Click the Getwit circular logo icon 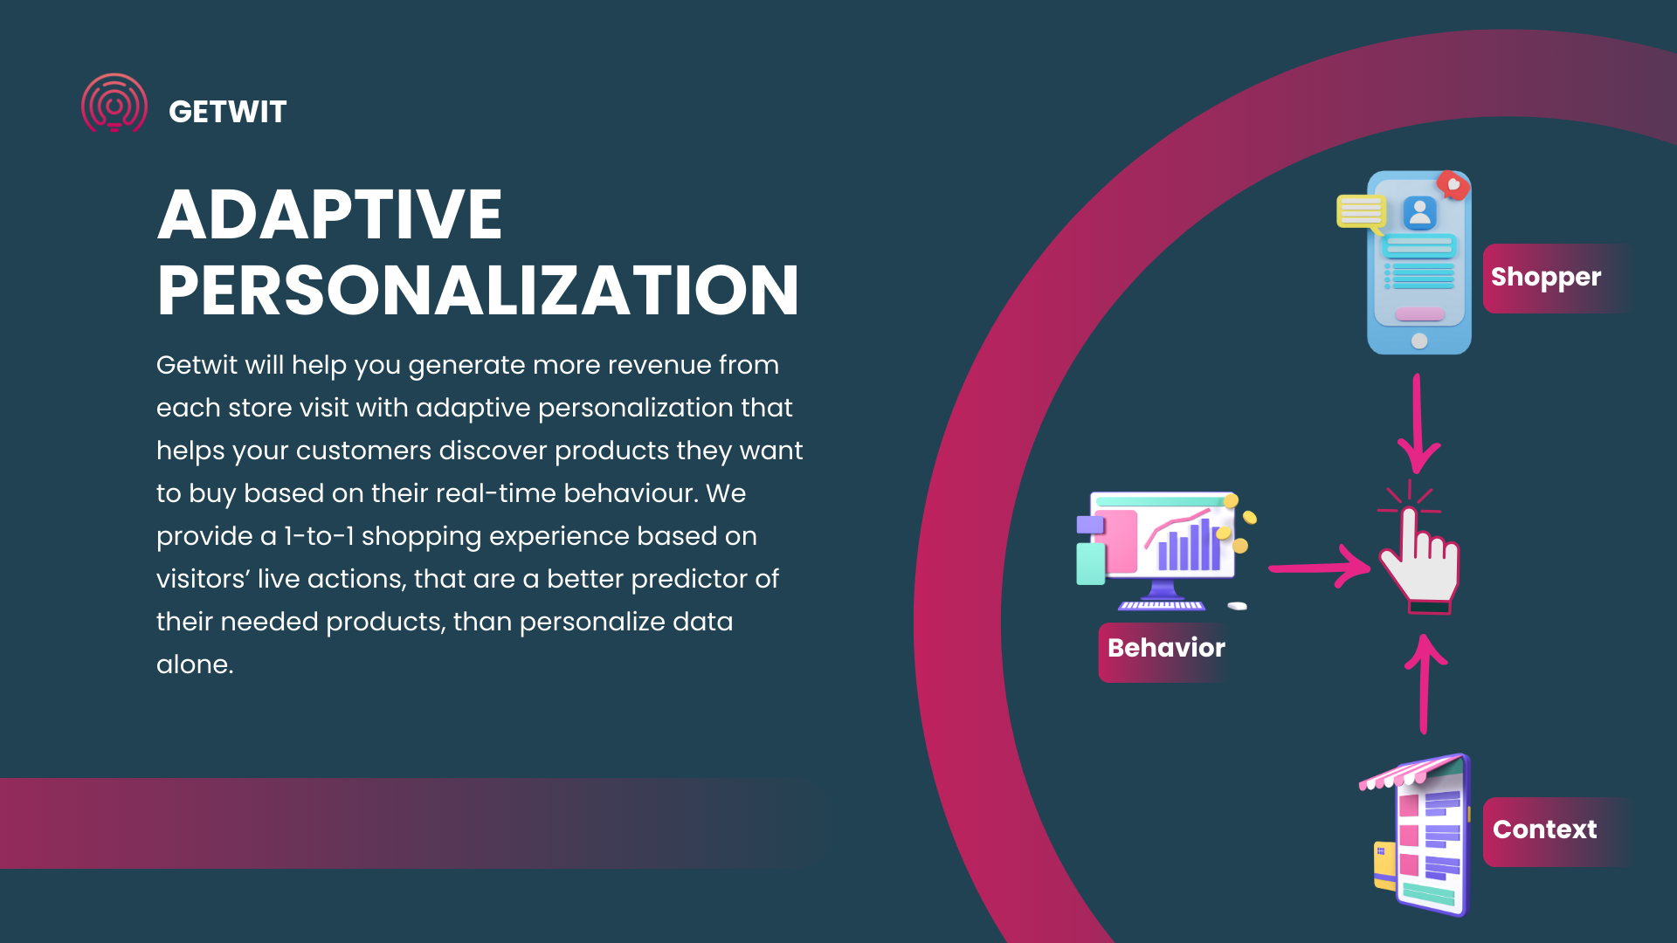coord(114,103)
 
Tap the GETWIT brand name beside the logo coord(227,112)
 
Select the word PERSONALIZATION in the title coord(478,290)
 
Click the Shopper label coord(1546,278)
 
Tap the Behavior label coord(1166,648)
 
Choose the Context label coord(1544,829)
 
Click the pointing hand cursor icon coord(1417,559)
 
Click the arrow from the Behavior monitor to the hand coord(1319,568)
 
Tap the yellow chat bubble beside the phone coord(1361,212)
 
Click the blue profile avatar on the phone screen coord(1420,212)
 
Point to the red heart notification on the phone coord(1453,185)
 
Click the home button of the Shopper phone coord(1419,341)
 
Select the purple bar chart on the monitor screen coord(1189,545)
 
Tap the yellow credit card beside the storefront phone coord(1384,864)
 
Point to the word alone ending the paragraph coord(195,664)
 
